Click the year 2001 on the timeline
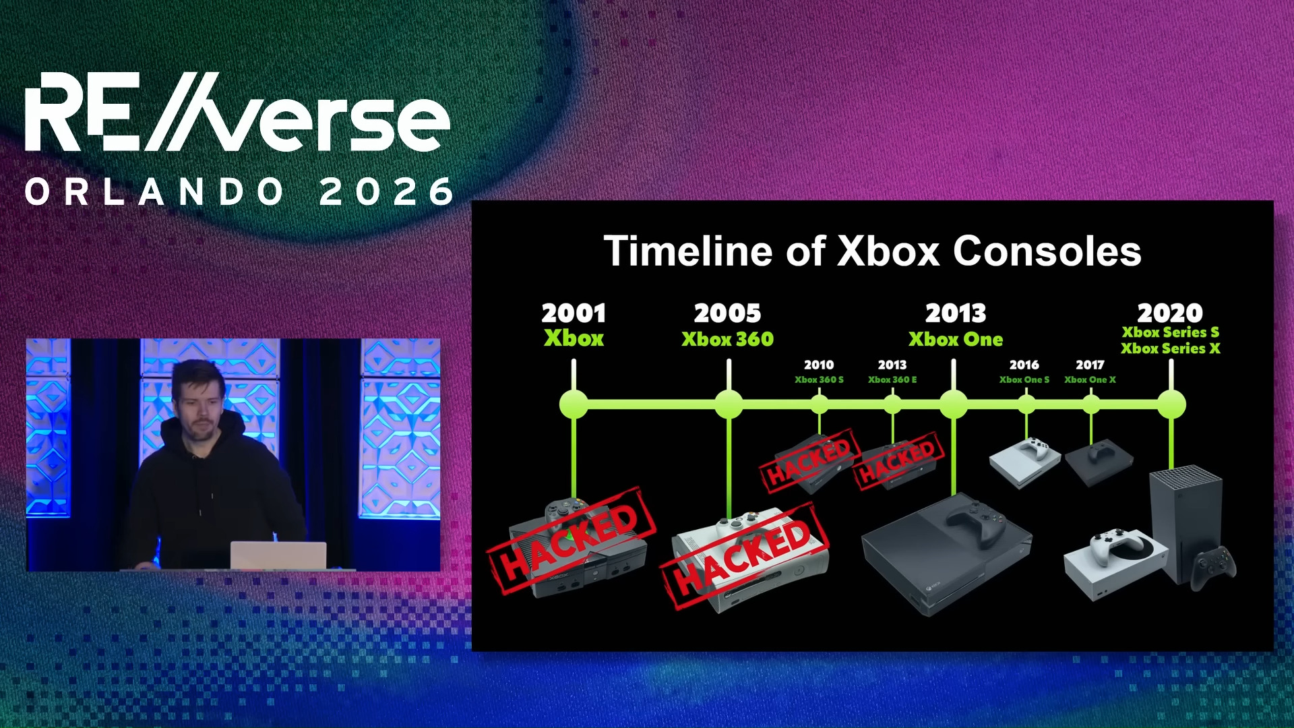pos(574,313)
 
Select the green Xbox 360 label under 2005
pos(727,339)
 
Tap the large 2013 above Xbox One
pos(955,313)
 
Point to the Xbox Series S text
pos(1170,332)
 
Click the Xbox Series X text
pos(1170,348)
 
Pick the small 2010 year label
pos(819,365)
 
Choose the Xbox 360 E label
pos(892,380)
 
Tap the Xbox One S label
pos(1024,380)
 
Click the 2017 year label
pos(1090,365)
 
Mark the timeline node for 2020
pos(1171,404)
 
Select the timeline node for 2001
pos(574,404)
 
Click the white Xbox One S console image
pos(1023,461)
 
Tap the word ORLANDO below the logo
pos(155,192)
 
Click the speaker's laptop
pos(278,555)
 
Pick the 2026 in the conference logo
pos(386,192)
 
